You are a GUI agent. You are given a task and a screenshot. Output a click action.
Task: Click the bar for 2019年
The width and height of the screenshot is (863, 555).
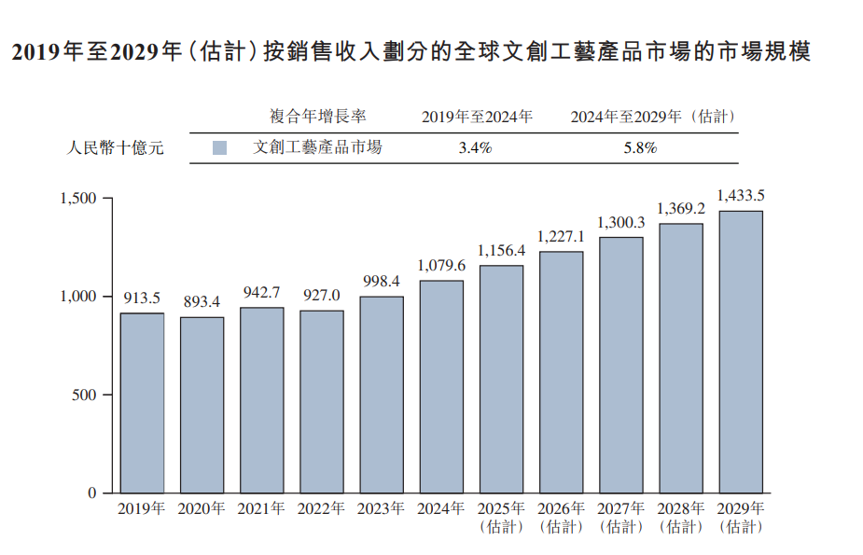pos(142,402)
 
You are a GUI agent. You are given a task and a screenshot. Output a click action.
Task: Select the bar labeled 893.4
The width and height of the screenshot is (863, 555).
pos(202,404)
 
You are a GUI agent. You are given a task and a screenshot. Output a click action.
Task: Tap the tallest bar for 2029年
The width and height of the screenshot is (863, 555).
pos(741,351)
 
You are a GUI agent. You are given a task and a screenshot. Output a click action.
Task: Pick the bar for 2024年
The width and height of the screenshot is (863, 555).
pos(441,386)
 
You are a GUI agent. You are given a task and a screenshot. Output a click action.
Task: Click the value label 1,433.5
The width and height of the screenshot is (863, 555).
pos(741,195)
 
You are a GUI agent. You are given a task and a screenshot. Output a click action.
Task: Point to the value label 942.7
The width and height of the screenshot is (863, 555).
pos(261,292)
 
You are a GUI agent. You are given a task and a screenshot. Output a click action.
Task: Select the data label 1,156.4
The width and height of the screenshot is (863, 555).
pos(501,250)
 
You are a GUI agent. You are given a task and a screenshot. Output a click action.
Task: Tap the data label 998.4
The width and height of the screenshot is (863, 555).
pos(382,281)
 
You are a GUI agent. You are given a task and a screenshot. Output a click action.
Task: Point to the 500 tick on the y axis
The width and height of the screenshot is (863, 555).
pos(85,395)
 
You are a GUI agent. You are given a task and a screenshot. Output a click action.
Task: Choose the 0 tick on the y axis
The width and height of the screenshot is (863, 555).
pos(92,493)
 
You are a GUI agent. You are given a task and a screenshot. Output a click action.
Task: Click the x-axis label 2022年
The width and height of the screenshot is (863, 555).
pos(321,509)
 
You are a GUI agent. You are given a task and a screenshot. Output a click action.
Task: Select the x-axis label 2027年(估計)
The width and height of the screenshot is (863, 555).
pos(620,518)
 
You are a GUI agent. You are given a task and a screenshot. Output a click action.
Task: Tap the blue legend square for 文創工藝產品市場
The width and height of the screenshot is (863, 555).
pos(220,148)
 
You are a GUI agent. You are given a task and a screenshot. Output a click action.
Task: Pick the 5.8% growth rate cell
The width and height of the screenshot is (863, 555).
pos(640,148)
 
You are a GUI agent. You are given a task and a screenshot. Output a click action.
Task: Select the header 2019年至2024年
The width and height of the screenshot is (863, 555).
pos(477,117)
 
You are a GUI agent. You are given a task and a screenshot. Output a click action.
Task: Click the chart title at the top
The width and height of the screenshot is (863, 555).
pos(411,52)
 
